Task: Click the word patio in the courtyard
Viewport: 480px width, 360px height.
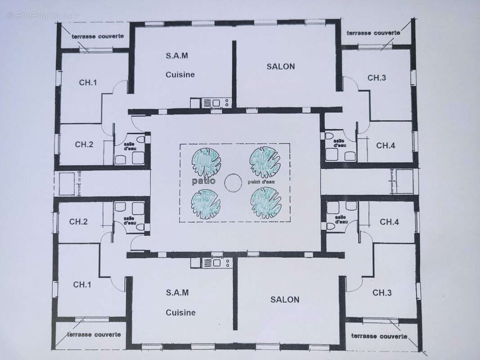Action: click(204, 181)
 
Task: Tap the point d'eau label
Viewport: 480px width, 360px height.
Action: click(261, 182)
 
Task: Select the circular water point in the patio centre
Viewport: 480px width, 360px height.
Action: click(233, 183)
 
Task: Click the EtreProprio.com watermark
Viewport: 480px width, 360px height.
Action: click(43, 15)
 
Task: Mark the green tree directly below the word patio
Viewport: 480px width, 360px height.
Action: click(206, 204)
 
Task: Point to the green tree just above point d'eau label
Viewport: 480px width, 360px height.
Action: click(265, 162)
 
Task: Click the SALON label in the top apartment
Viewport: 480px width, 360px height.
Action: click(281, 67)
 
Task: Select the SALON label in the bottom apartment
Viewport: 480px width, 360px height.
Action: click(285, 300)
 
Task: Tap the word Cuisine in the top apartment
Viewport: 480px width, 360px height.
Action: click(180, 75)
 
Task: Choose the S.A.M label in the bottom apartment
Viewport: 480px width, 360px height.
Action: click(177, 292)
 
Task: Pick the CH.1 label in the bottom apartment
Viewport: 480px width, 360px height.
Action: click(82, 284)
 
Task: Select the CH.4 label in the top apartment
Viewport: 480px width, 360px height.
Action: click(386, 145)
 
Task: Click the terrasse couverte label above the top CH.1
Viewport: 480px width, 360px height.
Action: click(94, 36)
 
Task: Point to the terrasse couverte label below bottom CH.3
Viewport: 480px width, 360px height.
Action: click(379, 336)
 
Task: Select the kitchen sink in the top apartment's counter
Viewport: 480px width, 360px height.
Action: click(216, 103)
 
